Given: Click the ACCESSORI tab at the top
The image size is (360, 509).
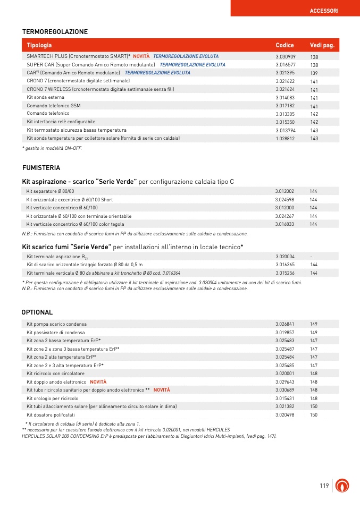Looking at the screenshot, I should pyautogui.click(x=324, y=11).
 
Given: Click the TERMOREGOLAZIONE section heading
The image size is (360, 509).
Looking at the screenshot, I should pyautogui.click(x=55, y=32).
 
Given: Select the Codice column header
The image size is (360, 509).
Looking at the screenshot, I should pyautogui.click(x=284, y=45).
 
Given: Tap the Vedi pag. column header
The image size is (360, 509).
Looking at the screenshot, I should pyautogui.click(x=322, y=45).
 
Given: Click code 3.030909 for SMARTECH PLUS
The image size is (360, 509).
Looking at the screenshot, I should pyautogui.click(x=286, y=56).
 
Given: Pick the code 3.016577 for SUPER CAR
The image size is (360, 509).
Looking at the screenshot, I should pyautogui.click(x=286, y=64).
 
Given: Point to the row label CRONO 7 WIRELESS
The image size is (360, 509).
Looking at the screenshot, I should pyautogui.click(x=101, y=89).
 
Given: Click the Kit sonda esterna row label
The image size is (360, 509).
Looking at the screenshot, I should pyautogui.click(x=46, y=98).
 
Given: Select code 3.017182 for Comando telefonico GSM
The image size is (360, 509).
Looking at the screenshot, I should pyautogui.click(x=286, y=106).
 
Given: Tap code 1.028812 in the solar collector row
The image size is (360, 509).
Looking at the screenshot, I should pyautogui.click(x=286, y=138).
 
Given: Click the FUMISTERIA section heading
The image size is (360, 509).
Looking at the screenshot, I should pyautogui.click(x=41, y=168).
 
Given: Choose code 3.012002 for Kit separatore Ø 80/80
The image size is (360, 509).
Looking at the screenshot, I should pyautogui.click(x=285, y=191).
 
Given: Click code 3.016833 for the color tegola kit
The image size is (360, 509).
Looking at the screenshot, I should pyautogui.click(x=285, y=224).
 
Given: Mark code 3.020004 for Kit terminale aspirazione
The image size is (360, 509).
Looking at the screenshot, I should pyautogui.click(x=285, y=256).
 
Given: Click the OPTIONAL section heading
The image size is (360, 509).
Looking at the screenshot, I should pyautogui.click(x=37, y=312).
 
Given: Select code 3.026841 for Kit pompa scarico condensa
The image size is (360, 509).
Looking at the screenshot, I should pyautogui.click(x=285, y=324).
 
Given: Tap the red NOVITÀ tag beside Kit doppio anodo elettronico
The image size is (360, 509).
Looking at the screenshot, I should pyautogui.click(x=98, y=382).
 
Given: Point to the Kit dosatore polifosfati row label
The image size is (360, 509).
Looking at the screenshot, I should pyautogui.click(x=51, y=414).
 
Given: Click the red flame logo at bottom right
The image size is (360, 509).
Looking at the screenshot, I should pyautogui.click(x=345, y=486).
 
